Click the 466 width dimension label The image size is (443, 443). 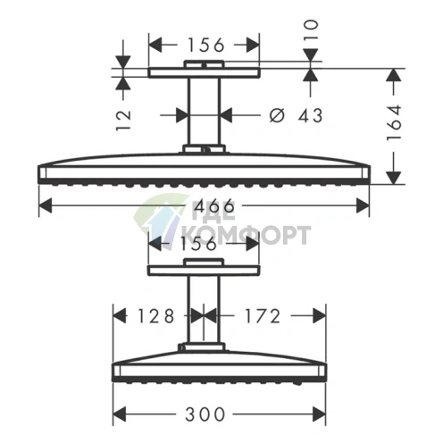214,206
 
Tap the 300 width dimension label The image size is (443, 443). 205,414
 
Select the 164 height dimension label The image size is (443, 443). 394,122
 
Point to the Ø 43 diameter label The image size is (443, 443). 296,115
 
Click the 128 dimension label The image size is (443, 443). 155,316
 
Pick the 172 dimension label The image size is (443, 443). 263,316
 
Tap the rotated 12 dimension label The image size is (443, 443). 123,121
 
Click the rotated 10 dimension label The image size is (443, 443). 311,29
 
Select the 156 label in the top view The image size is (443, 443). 205,46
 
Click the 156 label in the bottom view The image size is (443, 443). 198,244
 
